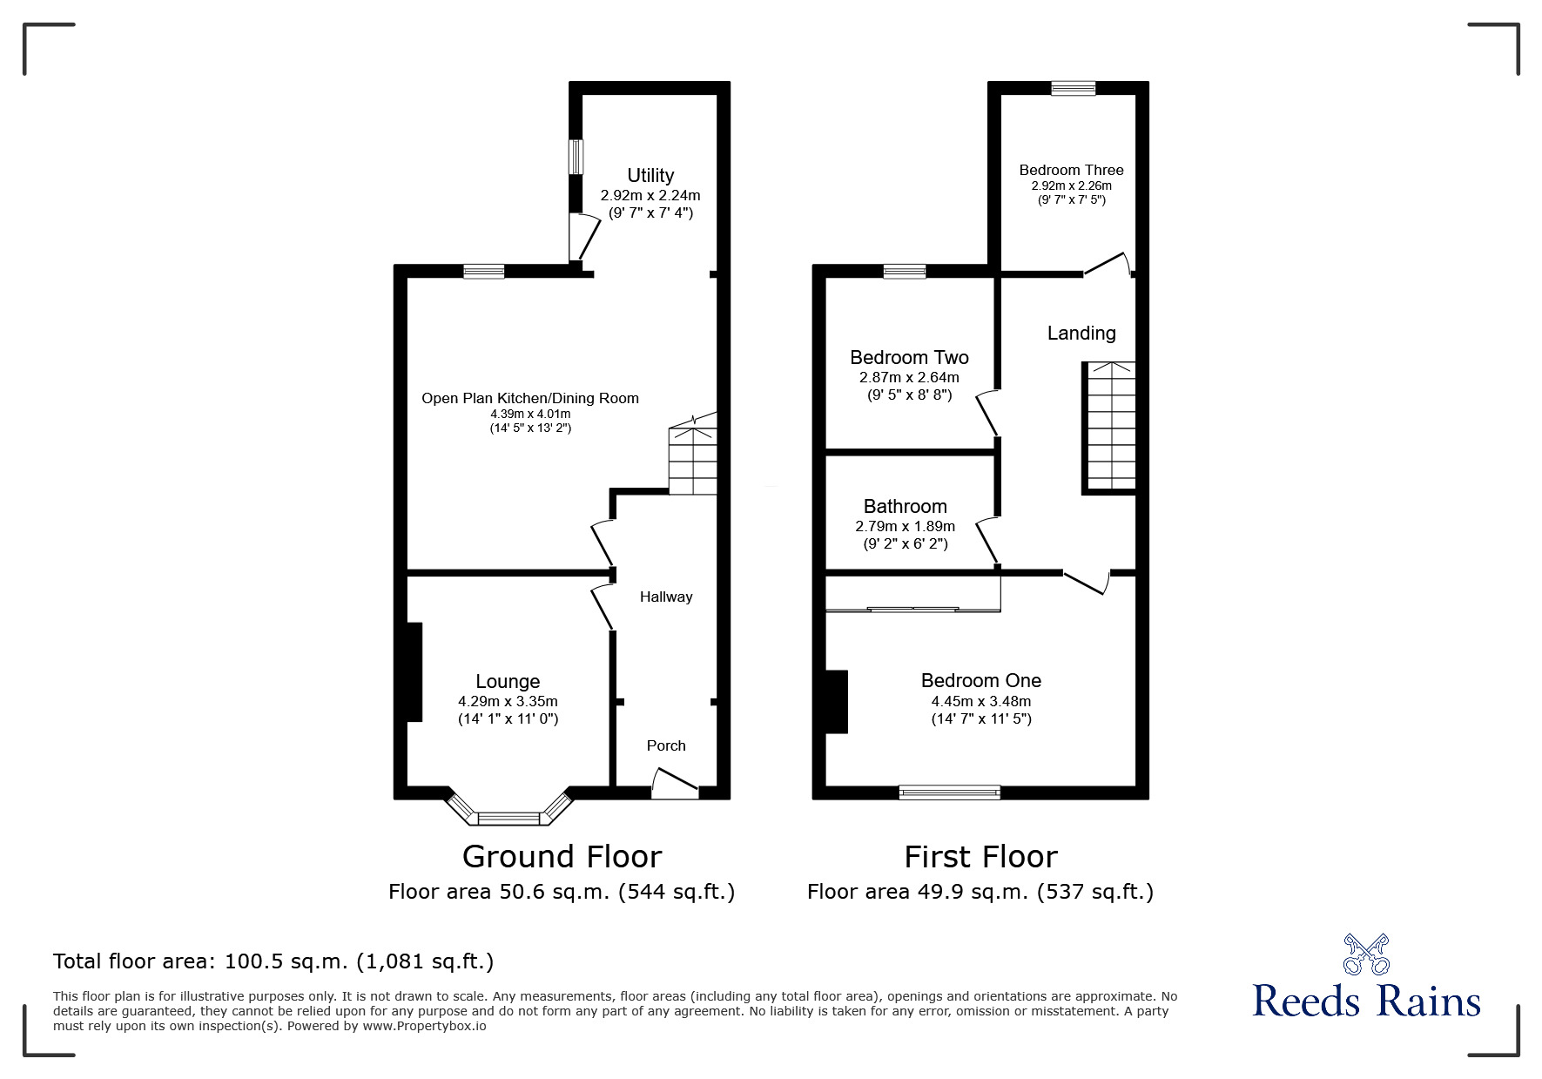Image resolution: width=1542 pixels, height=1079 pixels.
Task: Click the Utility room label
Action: pos(650,176)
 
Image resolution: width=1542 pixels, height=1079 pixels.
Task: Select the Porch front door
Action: pos(675,783)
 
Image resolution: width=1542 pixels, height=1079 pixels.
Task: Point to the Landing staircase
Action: pos(1110,427)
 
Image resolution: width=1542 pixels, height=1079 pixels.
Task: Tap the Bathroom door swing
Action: pos(986,540)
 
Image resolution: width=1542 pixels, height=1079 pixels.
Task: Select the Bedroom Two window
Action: pos(905,272)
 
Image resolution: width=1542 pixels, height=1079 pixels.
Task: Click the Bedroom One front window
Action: pos(949,792)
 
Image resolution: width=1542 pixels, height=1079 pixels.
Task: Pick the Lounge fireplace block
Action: pos(414,671)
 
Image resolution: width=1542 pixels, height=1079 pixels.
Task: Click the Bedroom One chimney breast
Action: pos(836,701)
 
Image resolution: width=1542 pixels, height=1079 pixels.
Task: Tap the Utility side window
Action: pos(576,158)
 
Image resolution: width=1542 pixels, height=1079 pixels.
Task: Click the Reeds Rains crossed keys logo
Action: pos(1366,954)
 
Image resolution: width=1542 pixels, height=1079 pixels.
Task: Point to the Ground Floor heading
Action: pos(562,857)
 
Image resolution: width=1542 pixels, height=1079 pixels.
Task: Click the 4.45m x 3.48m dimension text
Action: pos(980,701)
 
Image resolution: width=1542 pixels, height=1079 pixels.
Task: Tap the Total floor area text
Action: pos(273,961)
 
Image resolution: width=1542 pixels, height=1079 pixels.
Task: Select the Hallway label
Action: pos(666,597)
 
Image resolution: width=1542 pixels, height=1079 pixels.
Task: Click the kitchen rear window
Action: pos(483,272)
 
